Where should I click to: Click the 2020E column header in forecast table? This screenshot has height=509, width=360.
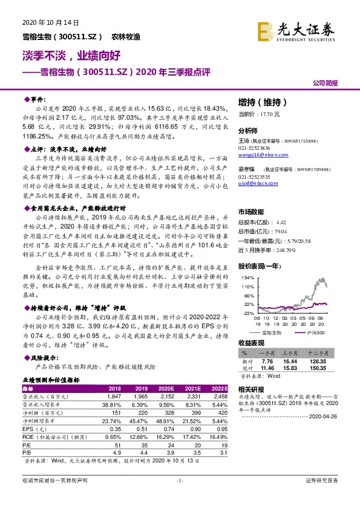coord(165,387)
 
